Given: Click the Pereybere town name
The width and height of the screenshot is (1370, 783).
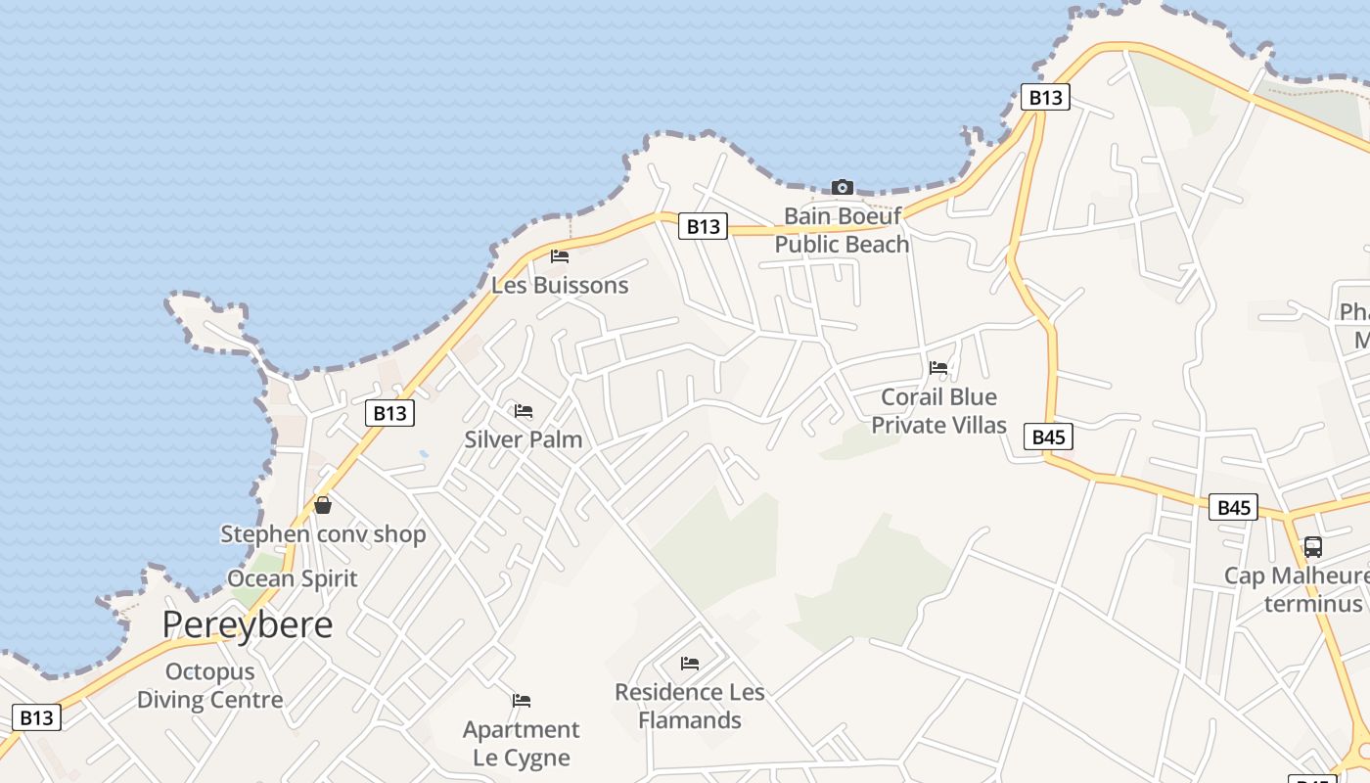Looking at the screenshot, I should coord(248,623).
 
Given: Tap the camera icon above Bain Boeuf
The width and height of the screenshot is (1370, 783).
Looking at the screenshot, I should coord(842,187).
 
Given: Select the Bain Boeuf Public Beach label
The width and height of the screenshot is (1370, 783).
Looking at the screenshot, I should coord(842,230).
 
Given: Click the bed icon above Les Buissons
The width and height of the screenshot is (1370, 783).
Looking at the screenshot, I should coord(560,256).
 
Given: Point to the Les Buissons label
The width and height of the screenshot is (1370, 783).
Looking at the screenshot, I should coord(560,286).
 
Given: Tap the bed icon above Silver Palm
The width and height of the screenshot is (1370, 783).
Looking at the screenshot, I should coord(524,410).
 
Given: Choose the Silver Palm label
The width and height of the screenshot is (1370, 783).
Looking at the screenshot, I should coord(524,439).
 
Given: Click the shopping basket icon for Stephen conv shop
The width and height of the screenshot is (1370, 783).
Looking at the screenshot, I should coord(323,505).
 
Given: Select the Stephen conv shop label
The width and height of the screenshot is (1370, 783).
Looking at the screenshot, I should coord(323,534).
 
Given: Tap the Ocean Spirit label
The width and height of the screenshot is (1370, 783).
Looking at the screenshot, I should coord(293,578).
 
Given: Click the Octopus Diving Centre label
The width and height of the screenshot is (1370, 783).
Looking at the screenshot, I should coord(209,685).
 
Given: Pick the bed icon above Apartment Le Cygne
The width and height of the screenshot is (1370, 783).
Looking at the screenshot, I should coord(522,701).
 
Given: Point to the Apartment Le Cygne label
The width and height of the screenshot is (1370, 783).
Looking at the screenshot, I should coord(522,743).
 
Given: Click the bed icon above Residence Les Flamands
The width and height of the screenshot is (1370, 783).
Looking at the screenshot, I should coord(690,664).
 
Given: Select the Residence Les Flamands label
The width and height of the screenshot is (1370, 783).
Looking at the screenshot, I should coord(690,706).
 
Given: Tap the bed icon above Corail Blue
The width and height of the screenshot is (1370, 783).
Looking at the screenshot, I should coord(938,368).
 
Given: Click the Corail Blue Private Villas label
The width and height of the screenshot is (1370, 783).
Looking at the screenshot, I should coord(938,411).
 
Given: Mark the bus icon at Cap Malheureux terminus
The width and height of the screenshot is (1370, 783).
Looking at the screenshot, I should coord(1313,547).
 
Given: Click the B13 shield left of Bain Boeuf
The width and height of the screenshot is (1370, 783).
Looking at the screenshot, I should coord(703,227).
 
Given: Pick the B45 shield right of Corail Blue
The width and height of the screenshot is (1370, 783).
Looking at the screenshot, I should coord(1048,437).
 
